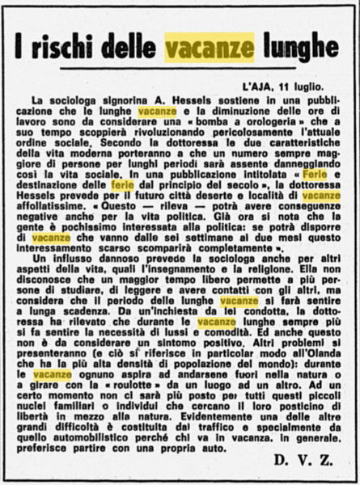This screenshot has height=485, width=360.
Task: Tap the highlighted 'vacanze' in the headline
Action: pyautogui.click(x=210, y=48)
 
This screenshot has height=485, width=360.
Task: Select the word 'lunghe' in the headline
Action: pyautogui.click(x=299, y=48)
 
